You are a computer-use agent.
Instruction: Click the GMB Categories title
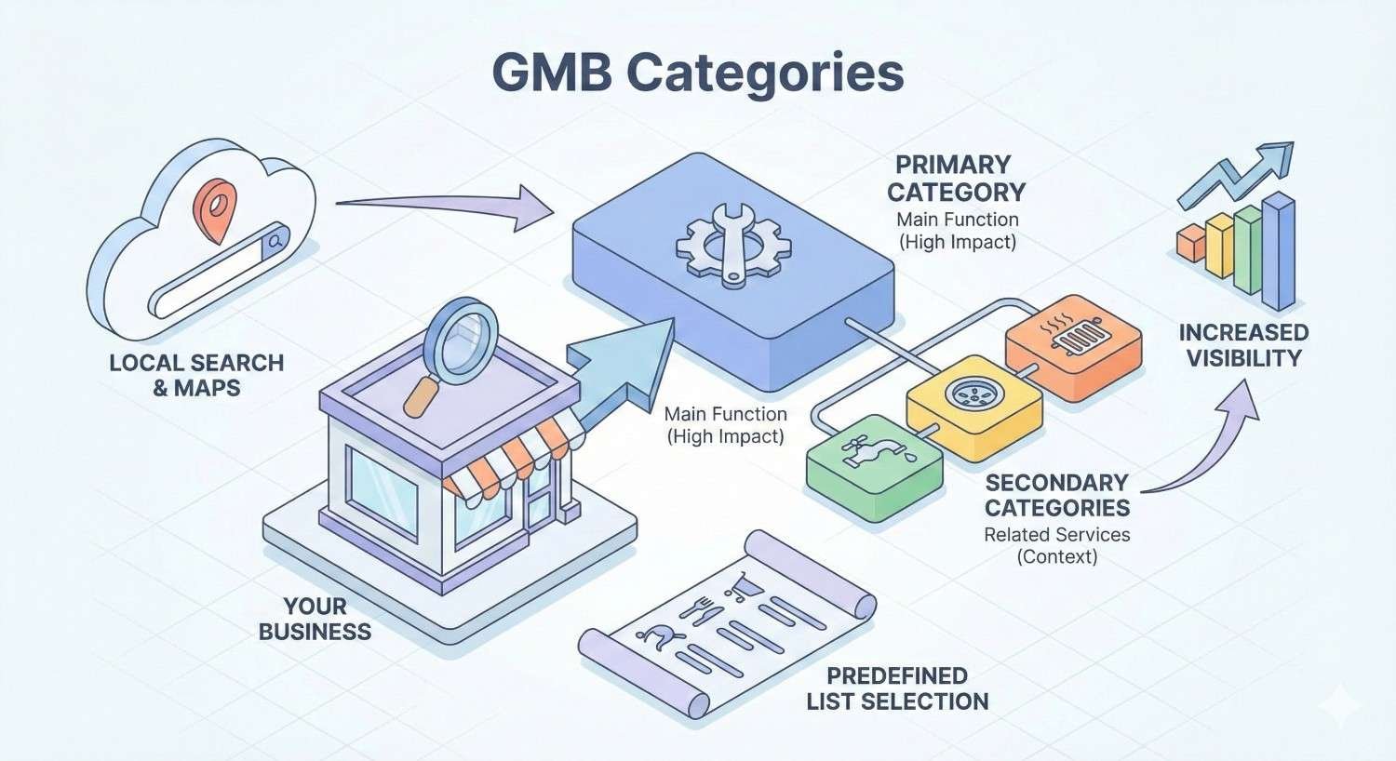pos(697,73)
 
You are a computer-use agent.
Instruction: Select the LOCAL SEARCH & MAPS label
pos(196,375)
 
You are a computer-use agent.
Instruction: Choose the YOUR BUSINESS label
pos(315,619)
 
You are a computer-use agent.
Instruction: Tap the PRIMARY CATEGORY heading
pos(955,179)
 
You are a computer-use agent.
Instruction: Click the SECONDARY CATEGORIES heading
pos(1057,495)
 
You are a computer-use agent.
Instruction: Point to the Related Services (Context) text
pos(1056,545)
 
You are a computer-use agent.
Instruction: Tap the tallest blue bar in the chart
pos(1279,251)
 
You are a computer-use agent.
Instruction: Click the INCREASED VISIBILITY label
pos(1243,345)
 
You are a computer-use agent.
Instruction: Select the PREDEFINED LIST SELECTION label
pos(897,688)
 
